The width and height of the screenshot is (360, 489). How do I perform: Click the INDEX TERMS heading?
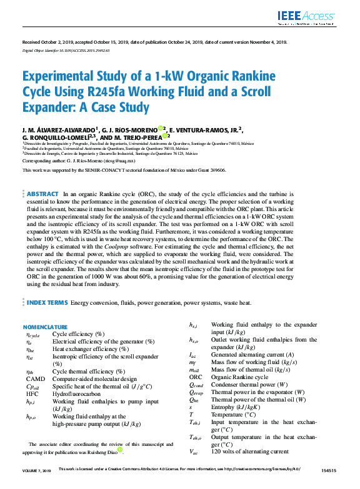[x=47, y=302]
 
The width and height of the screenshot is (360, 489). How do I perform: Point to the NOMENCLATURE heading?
[x=45, y=327]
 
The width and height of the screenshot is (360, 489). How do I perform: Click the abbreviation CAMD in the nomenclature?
[x=35, y=379]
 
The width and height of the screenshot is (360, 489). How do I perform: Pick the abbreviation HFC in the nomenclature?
[x=32, y=394]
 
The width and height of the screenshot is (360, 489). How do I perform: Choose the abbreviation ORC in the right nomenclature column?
[x=196, y=377]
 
